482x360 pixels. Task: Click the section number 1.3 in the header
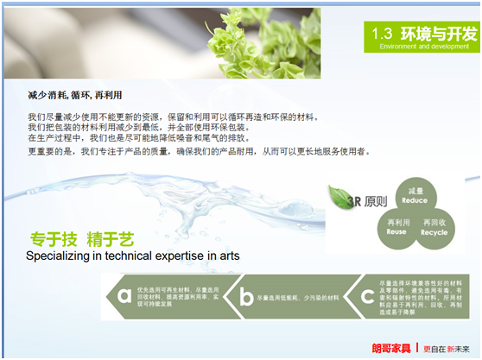click(x=383, y=34)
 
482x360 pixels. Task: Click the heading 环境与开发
click(x=438, y=34)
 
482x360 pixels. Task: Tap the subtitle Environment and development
click(x=423, y=47)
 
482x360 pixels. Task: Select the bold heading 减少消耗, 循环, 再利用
click(x=75, y=94)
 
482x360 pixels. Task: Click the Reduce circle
click(x=415, y=194)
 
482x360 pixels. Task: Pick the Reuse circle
click(x=396, y=227)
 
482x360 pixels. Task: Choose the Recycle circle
click(x=434, y=227)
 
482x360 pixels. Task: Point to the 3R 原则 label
click(x=358, y=200)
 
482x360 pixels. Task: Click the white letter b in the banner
click(x=247, y=296)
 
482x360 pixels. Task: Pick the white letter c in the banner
click(x=366, y=296)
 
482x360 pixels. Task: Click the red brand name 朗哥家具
click(x=391, y=347)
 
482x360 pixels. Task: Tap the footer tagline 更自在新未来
click(x=447, y=347)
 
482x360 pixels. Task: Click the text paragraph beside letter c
click(x=415, y=296)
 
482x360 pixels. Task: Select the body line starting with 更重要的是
click(x=199, y=151)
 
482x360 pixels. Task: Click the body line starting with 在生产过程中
click(x=143, y=137)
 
